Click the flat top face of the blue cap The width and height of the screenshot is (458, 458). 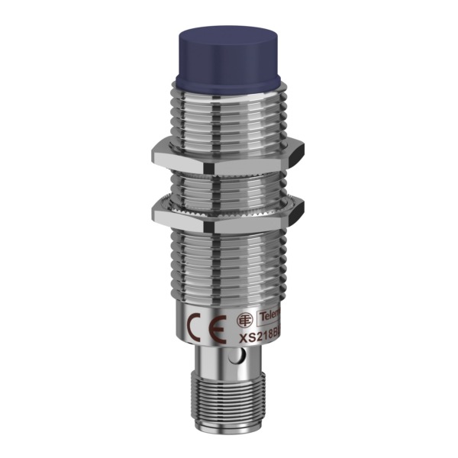229,37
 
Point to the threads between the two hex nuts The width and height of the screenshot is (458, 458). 229,179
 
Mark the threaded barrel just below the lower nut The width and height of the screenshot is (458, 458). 229,260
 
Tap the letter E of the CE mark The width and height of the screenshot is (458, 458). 218,330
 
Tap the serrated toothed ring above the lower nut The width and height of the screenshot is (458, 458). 229,196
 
